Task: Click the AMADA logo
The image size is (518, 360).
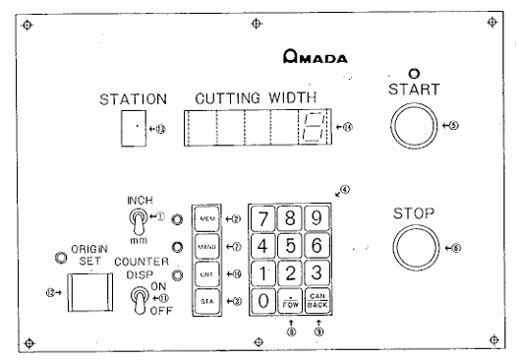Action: (x=314, y=58)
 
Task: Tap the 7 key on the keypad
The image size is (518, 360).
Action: (x=262, y=216)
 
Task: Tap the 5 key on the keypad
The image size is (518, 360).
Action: (x=288, y=243)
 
